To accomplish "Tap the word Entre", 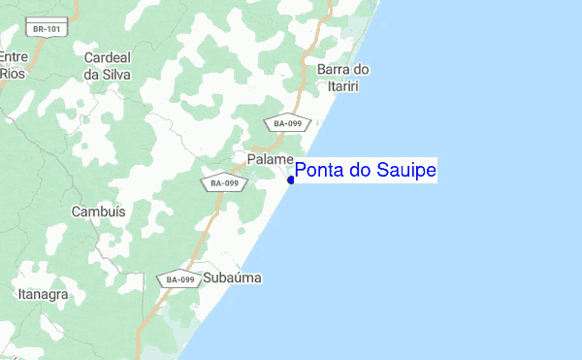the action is [x=14, y=57].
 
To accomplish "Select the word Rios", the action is [x=13, y=73].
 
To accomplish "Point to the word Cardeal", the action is [x=107, y=57].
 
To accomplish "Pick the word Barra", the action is [x=334, y=69].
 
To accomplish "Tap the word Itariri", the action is [x=343, y=85].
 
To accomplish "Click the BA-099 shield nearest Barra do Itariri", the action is [x=287, y=123].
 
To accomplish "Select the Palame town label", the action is [x=270, y=158].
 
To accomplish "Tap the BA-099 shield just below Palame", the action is [x=224, y=182].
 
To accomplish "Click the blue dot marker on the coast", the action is [x=291, y=179].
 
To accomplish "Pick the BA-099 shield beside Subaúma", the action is [x=180, y=279].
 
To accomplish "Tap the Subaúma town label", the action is [x=233, y=278].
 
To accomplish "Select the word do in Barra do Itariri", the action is [x=361, y=69].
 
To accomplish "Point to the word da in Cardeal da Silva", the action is [x=93, y=74].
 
